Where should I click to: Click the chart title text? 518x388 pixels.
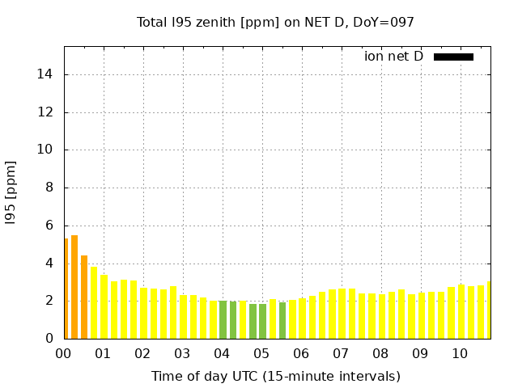pos(275,22)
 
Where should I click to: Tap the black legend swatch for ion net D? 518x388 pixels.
pos(453,57)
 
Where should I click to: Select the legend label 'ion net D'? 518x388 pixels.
pos(393,57)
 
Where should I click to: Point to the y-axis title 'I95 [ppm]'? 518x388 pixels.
pos(11,192)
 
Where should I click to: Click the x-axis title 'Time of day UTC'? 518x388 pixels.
pos(275,376)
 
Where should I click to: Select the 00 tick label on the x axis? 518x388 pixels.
pos(64,354)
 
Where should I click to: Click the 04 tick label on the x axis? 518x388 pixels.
pos(223,354)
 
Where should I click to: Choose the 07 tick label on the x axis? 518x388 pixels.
pos(342,354)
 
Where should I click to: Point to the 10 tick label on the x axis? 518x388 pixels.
pos(461,354)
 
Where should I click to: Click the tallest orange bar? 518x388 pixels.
pos(74,287)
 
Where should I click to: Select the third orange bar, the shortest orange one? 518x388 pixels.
pos(84,297)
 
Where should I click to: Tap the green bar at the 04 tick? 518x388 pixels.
pos(223,319)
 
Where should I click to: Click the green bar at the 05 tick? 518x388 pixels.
pos(262,321)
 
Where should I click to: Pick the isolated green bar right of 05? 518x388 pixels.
pos(282,320)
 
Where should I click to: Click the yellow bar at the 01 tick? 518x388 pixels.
pos(104,306)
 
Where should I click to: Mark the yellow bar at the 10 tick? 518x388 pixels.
pos(461,311)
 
